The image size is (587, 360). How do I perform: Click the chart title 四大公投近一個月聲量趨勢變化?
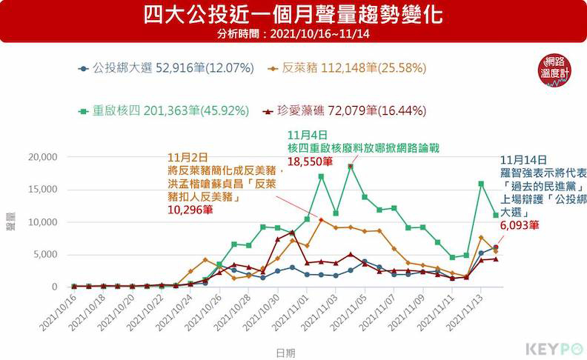[x=293, y=15]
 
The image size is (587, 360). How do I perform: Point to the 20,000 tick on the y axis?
[x=42, y=157]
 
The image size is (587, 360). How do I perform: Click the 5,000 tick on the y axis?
[x=44, y=254]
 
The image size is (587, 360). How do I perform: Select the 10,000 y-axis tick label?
[x=42, y=222]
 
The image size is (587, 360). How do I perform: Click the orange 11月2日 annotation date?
[x=185, y=157]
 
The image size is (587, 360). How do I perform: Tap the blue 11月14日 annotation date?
[x=524, y=159]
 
